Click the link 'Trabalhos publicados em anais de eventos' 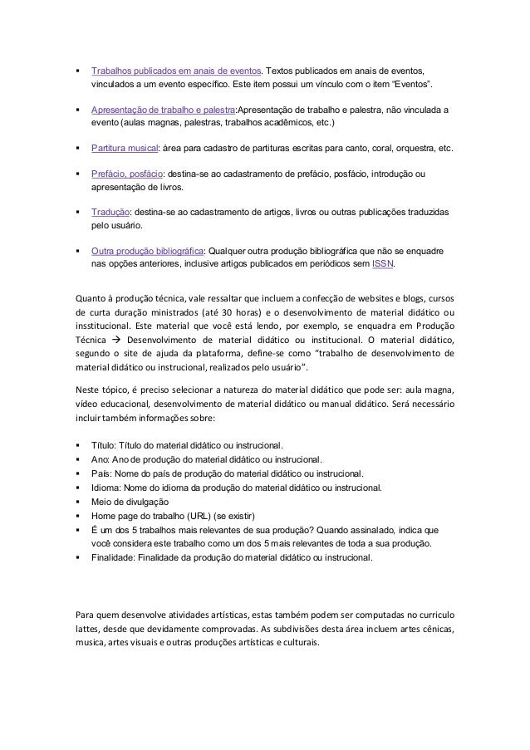pos(177,71)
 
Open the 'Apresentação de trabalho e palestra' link pos(164,110)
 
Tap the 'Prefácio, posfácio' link pos(127,174)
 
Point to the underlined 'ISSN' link pos(383,265)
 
